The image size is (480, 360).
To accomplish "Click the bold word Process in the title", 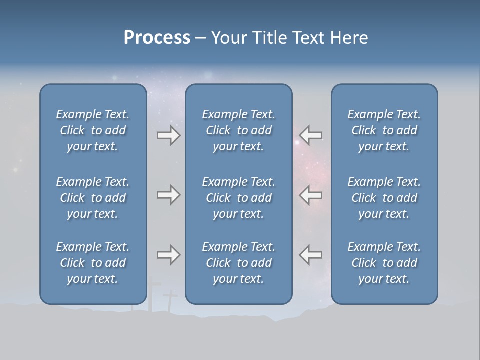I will click(157, 38).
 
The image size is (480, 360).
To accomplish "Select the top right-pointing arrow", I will click(168, 135).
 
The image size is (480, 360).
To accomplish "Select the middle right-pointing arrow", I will click(168, 195).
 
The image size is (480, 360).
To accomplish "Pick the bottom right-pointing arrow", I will click(168, 255).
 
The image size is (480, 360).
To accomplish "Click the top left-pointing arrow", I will click(311, 135).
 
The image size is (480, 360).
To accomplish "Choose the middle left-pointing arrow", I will click(311, 195).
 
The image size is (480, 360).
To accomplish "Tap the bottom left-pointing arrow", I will click(311, 255).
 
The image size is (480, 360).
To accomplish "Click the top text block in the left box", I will click(93, 130).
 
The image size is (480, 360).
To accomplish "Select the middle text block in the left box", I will click(93, 198).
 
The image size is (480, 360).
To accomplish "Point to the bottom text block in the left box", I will click(93, 263).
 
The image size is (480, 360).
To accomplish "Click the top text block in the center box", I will click(239, 130).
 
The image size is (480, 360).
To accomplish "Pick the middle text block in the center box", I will click(239, 198).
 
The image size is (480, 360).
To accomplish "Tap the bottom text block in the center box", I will click(239, 263).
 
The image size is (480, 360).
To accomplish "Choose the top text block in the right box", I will click(384, 130).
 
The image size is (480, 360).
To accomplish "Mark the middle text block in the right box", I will click(384, 198).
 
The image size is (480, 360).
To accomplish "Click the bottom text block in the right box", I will click(384, 263).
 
